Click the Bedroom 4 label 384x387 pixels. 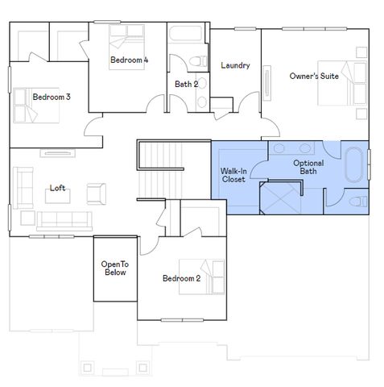pyautogui.click(x=129, y=60)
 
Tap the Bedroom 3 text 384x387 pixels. pyautogui.click(x=52, y=97)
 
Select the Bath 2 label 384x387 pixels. pyautogui.click(x=187, y=84)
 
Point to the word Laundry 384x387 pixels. pyautogui.click(x=235, y=65)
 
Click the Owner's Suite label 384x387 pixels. pyautogui.click(x=313, y=76)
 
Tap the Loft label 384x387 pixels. pyautogui.click(x=57, y=188)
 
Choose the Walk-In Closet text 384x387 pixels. pyautogui.click(x=233, y=175)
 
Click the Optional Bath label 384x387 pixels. pyautogui.click(x=308, y=167)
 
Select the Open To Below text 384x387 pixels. pyautogui.click(x=114, y=268)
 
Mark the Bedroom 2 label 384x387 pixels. pyautogui.click(x=181, y=278)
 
